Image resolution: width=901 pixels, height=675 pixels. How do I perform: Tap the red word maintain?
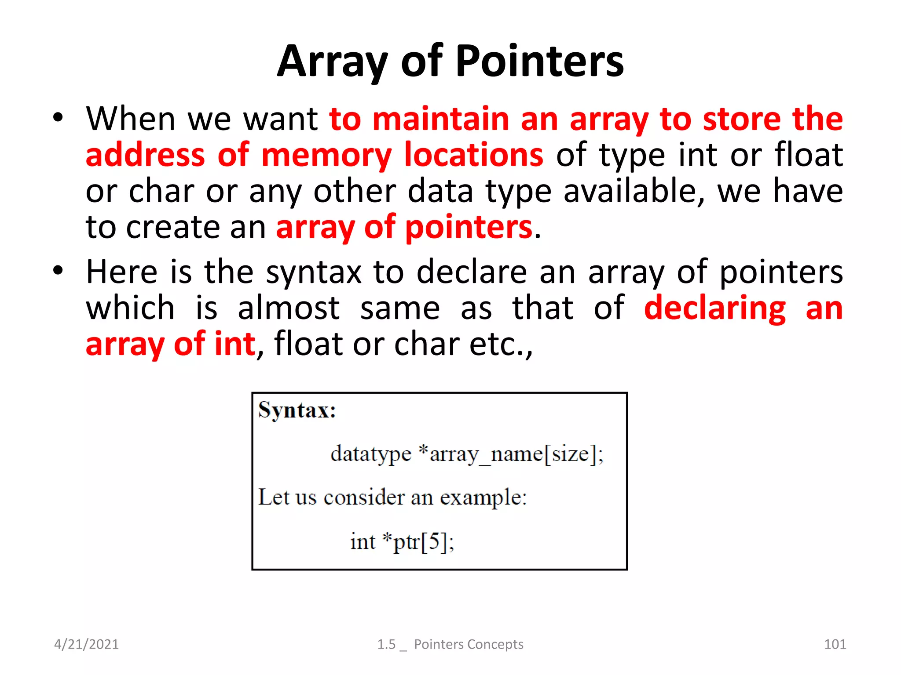click(440, 119)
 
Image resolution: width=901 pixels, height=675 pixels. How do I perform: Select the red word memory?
click(326, 155)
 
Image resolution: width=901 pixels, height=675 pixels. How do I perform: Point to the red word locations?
click(474, 155)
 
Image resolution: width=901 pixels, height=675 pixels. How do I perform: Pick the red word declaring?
click(714, 308)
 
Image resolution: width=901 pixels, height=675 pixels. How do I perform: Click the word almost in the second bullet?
click(289, 308)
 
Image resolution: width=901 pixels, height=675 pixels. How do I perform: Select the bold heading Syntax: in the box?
click(297, 410)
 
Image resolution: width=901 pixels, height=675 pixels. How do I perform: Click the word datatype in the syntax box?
click(371, 454)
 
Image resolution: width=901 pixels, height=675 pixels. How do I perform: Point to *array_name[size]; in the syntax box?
click(511, 454)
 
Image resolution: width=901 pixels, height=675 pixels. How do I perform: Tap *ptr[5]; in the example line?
click(418, 541)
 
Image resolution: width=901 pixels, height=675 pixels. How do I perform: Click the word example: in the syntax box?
click(483, 498)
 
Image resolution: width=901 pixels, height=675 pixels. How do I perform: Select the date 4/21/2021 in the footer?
click(86, 644)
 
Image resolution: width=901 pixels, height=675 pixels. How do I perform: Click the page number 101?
click(835, 644)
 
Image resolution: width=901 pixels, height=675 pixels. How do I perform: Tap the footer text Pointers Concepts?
click(469, 644)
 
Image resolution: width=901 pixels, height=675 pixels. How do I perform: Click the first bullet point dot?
click(58, 118)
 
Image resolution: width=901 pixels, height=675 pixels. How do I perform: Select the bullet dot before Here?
click(58, 271)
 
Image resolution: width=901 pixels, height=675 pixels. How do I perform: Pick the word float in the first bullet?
click(809, 155)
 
